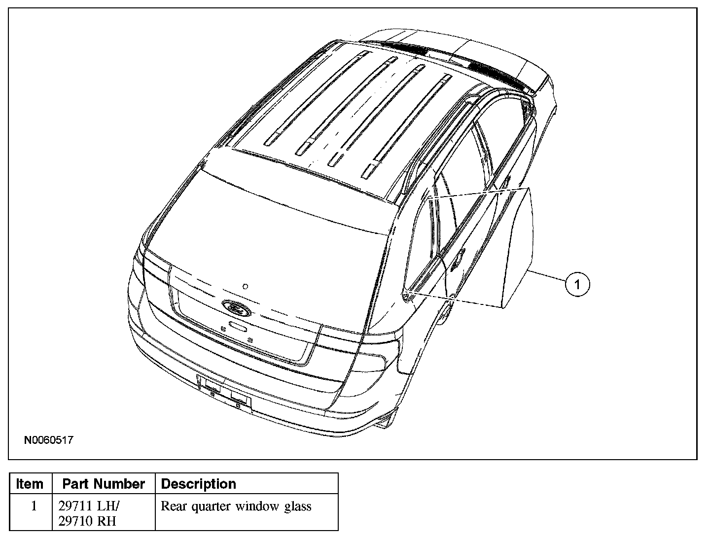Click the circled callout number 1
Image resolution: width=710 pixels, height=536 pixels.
[x=577, y=284]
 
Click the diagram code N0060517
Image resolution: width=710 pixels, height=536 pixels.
[x=49, y=439]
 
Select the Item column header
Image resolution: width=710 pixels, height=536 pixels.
[x=30, y=484]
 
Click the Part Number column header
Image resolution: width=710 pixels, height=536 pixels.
[x=104, y=484]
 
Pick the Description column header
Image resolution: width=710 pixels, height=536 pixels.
[x=199, y=484]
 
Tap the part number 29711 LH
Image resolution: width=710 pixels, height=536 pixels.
[x=89, y=506]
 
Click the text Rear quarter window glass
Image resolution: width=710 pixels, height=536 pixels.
[x=236, y=506]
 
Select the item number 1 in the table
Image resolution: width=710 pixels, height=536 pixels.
[x=34, y=506]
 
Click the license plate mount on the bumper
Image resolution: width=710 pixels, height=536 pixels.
[x=224, y=392]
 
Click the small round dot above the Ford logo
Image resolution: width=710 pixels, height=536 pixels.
[x=245, y=286]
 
